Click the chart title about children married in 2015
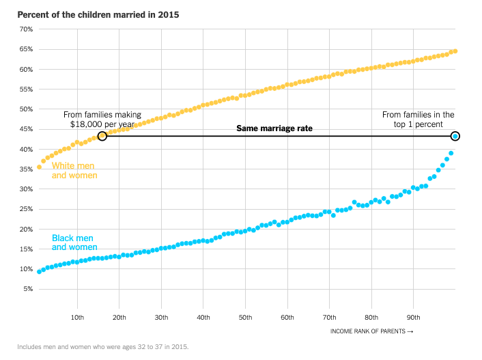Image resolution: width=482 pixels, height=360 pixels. click(98, 14)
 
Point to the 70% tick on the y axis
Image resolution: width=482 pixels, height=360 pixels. click(25, 29)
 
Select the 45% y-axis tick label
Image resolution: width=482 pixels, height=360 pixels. click(25, 129)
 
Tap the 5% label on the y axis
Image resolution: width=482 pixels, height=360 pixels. click(27, 289)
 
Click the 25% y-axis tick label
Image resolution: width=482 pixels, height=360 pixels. click(25, 209)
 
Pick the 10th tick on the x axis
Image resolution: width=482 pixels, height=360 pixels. click(77, 318)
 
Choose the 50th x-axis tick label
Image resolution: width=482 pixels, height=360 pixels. click(245, 318)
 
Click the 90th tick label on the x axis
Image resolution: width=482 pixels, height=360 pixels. click(413, 318)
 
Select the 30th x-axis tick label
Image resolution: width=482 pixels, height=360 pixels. click(161, 318)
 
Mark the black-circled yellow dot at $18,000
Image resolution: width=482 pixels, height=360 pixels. click(102, 136)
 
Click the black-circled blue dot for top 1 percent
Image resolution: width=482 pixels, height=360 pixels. click(455, 136)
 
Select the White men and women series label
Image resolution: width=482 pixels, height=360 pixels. click(74, 171)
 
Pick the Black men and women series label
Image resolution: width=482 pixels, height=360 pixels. click(74, 243)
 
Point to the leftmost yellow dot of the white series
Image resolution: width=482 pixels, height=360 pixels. click(39, 167)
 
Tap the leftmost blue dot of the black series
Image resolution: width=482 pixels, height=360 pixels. click(39, 272)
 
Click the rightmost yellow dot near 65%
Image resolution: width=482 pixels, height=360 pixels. click(455, 51)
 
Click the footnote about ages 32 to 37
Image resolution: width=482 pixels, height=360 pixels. click(102, 347)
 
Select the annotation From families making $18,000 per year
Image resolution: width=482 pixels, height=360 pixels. click(102, 120)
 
